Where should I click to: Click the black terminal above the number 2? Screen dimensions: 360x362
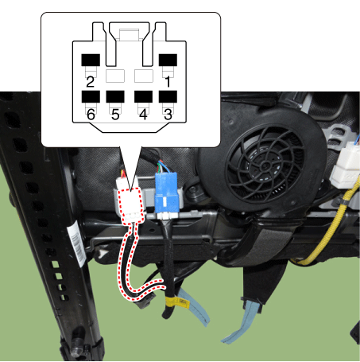tap(91, 60)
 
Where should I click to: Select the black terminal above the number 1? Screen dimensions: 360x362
tap(168, 60)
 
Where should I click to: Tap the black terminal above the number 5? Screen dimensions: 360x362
tap(115, 96)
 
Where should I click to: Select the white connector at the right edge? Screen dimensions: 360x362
tap(346, 165)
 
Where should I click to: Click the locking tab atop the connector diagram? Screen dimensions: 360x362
tap(129, 34)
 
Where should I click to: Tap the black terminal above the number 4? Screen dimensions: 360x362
tap(143, 96)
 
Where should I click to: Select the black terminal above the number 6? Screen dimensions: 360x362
tap(91, 96)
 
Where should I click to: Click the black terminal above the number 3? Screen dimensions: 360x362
tap(168, 96)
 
